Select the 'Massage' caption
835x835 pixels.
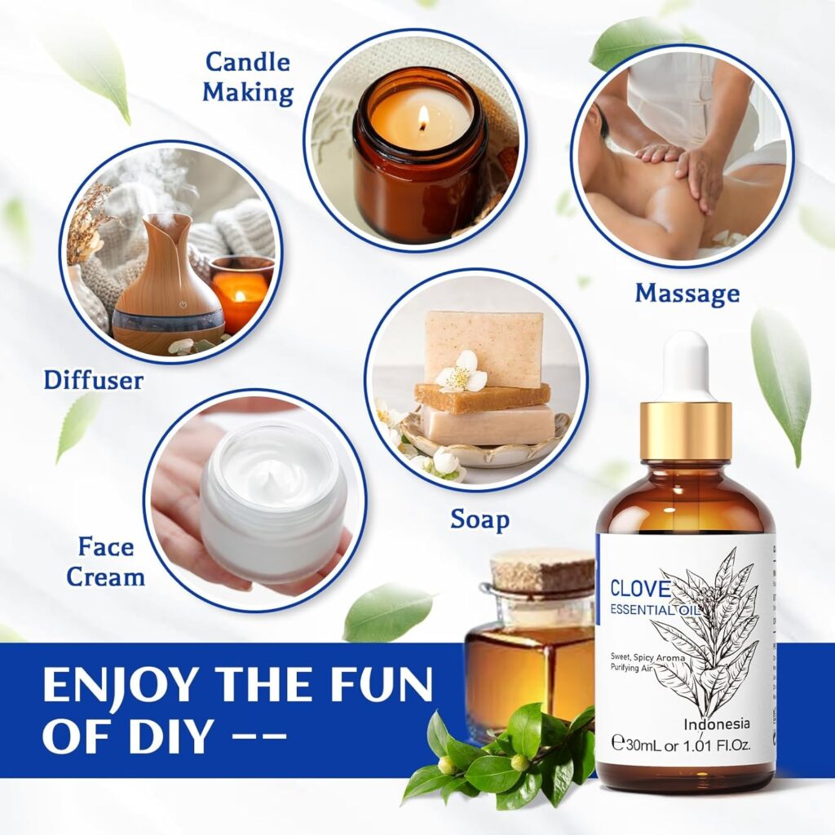pos(687,293)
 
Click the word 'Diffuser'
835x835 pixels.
pos(94,379)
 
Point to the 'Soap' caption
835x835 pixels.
pos(479,519)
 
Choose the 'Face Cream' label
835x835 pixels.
pos(105,562)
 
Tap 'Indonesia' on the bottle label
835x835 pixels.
pos(717,723)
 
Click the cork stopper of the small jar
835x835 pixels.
pos(543,569)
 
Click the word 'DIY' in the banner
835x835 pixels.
pos(162,736)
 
